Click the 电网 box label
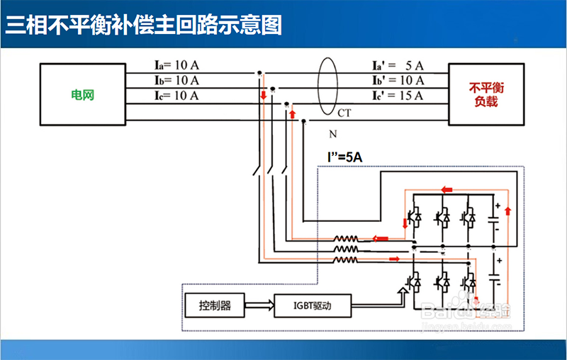point(82,94)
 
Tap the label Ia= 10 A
point(176,65)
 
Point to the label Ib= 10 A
point(176,80)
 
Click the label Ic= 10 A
point(176,95)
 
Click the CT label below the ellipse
point(344,113)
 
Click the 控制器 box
point(215,306)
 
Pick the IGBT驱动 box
point(311,306)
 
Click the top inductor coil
point(347,239)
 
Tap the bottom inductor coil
point(347,259)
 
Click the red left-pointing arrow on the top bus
point(447,189)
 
